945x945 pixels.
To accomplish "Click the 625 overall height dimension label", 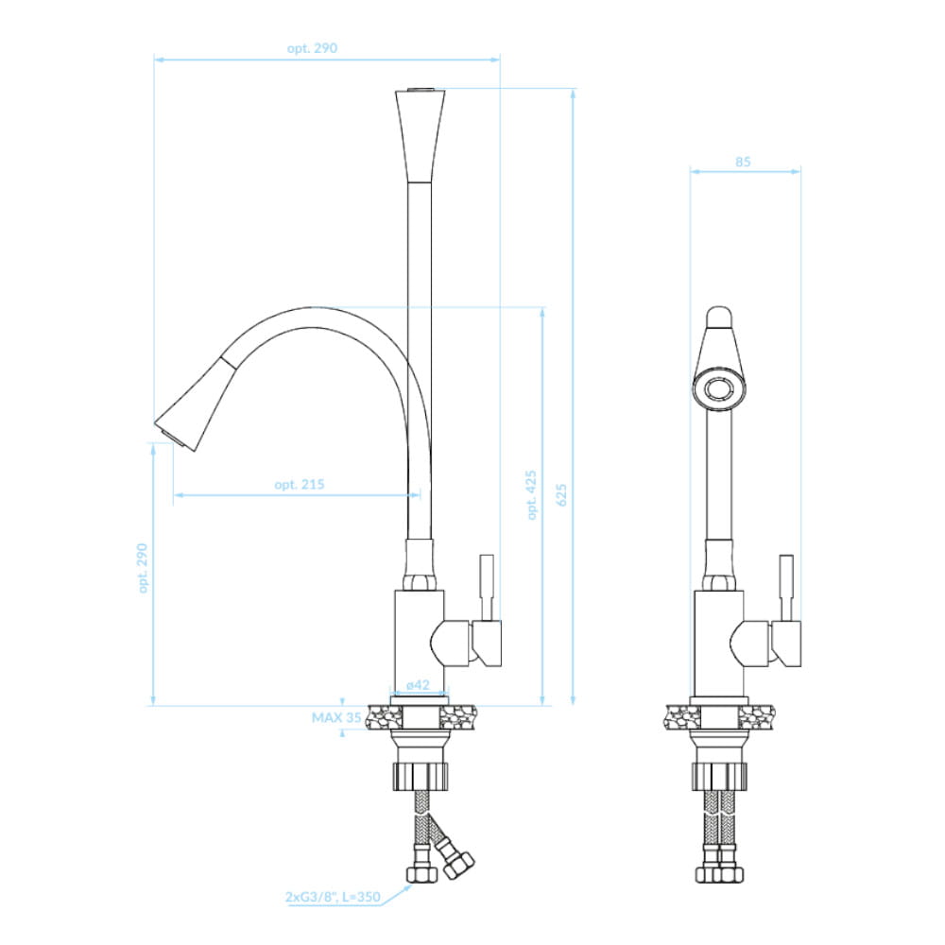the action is coord(561,495).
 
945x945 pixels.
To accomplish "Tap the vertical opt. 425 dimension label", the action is coord(531,495).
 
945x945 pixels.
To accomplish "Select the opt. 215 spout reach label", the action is coord(299,484).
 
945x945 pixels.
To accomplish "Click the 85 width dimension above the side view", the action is coord(743,162).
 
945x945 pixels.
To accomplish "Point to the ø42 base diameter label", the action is coord(418,684).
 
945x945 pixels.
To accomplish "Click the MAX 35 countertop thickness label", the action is coord(336,717).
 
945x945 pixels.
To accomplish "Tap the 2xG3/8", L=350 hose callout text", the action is coord(333,897).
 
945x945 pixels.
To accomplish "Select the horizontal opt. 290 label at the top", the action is coord(312,48).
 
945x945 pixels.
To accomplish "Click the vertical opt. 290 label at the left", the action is coord(143,568).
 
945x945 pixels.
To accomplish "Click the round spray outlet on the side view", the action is coord(718,388).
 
